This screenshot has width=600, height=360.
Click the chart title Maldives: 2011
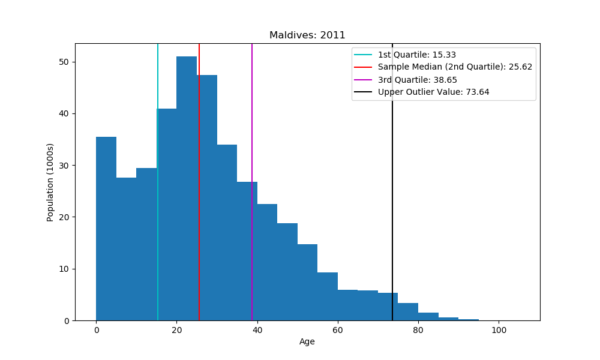click(x=307, y=35)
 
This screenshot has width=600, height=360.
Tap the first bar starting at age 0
click(x=106, y=229)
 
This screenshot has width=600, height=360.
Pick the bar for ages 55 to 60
click(x=328, y=296)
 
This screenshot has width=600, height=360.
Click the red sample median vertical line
click(x=199, y=180)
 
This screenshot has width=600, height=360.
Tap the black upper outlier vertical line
click(x=392, y=180)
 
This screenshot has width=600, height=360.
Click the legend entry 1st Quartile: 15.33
click(x=412, y=55)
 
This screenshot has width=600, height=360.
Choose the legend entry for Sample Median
click(x=455, y=67)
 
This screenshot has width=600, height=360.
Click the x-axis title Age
click(x=307, y=342)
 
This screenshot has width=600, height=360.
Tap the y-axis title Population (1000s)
click(x=50, y=182)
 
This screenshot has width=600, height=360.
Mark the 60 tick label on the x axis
click(x=338, y=329)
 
